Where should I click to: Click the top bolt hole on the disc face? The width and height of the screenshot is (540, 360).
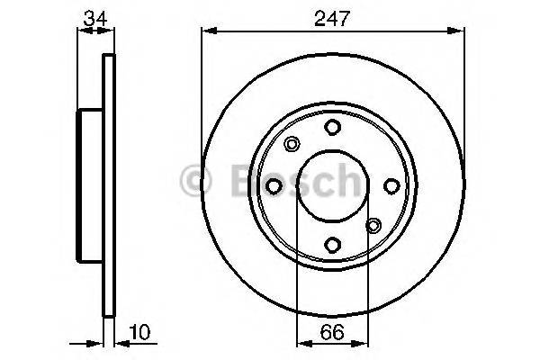pos(332,127)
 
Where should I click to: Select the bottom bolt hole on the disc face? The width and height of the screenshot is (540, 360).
pos(332,244)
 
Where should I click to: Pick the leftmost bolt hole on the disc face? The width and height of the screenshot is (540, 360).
pos(274,185)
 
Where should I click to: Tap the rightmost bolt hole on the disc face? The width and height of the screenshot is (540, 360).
pos(391,185)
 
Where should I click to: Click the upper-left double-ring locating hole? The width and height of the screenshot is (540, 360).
pos(292,144)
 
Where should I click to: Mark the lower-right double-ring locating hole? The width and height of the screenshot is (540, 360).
pos(373,226)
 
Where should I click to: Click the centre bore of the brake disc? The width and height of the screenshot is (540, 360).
pos(332,185)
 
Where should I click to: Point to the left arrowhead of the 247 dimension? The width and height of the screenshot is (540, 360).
pos(206,31)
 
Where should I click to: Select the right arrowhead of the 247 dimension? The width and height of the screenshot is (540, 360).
pos(459,31)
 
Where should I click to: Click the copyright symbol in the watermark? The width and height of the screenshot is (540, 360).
pos(195,180)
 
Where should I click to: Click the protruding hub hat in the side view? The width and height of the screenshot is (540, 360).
pos(91,185)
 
